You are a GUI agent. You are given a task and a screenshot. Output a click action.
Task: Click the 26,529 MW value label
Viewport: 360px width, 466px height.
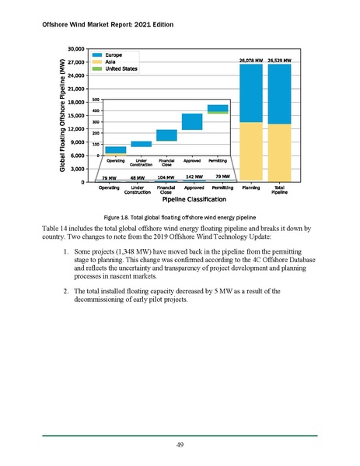[x=280, y=60]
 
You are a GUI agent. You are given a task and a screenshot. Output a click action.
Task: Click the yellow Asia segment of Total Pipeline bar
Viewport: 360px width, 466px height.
[x=280, y=152]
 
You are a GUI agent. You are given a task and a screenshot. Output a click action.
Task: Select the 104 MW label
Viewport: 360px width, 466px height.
[x=166, y=178]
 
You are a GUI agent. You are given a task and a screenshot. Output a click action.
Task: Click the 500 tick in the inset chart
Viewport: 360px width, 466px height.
[x=95, y=100]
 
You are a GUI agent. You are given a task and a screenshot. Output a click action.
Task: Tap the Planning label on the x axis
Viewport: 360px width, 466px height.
[x=251, y=187]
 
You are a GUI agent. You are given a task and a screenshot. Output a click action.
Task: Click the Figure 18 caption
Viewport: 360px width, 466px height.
[x=180, y=215]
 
